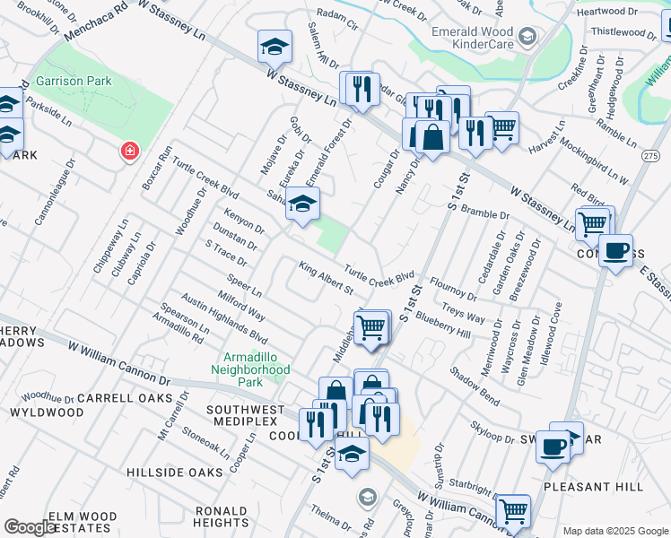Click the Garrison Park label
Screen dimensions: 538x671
[x=74, y=81]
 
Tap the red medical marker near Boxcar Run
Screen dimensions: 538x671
[x=130, y=150]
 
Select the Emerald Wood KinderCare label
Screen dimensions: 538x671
[x=470, y=36]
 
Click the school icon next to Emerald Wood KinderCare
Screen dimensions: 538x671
[x=527, y=37]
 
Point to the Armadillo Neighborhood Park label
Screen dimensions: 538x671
[x=251, y=362]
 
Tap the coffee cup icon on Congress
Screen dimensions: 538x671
[x=615, y=251]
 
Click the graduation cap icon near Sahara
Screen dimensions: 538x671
[x=303, y=205]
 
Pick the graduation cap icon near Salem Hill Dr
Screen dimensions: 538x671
[x=275, y=47]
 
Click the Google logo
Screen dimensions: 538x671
[x=30, y=527]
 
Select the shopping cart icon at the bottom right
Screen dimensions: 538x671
[x=512, y=512]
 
